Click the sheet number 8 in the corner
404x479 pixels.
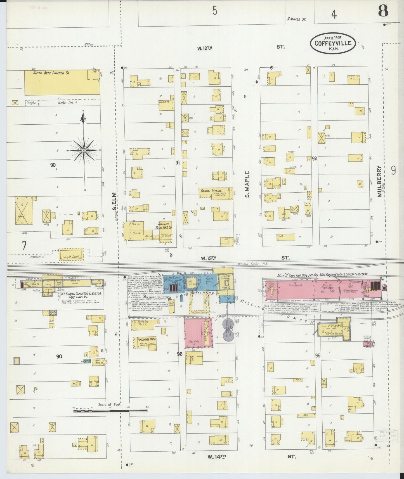click(383, 11)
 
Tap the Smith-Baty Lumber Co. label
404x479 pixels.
click(51, 73)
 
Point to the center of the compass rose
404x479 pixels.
click(84, 150)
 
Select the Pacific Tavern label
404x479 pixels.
click(211, 190)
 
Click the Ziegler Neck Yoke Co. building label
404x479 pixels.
click(165, 225)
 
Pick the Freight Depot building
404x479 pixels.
click(71, 254)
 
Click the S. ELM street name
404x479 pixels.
click(114, 201)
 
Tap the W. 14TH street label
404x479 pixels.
click(216, 457)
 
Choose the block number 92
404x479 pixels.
click(315, 158)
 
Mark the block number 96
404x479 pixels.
click(179, 354)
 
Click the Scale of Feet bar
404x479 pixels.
click(110, 411)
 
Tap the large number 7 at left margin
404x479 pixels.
click(24, 246)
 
